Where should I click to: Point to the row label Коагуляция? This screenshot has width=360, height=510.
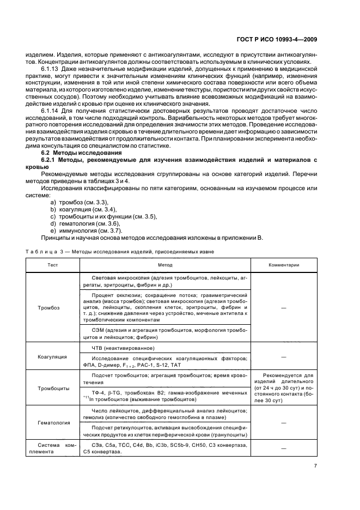[x=52, y=356]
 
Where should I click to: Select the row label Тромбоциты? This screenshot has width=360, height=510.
[x=52, y=388]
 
